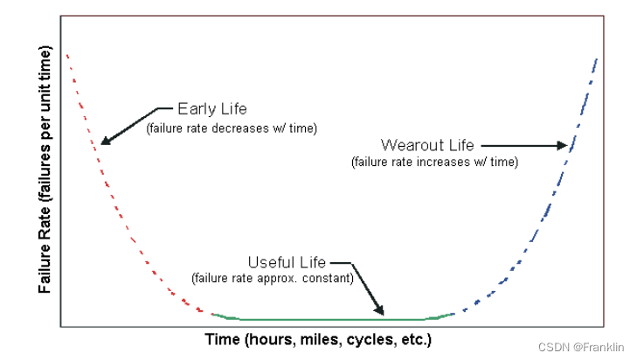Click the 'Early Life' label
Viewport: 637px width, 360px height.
(211, 109)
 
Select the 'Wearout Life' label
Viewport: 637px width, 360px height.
(427, 144)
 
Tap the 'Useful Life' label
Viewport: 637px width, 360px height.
(287, 262)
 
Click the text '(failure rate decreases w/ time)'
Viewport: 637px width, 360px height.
(231, 128)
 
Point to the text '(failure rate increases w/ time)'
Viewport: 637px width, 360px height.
(434, 162)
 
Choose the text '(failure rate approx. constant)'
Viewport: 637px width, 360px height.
(271, 279)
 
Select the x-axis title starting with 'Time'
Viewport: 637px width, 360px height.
(318, 338)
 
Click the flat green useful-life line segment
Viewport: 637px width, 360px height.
(332, 319)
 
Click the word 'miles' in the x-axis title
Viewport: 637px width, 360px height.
(323, 338)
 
